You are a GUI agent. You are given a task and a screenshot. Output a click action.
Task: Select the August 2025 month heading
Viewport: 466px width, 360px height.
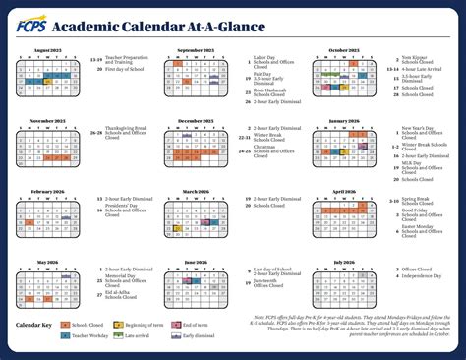55,49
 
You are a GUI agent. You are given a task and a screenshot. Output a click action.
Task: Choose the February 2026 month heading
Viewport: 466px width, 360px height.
55,192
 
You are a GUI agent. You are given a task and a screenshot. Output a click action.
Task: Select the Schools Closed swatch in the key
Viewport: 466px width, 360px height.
65,324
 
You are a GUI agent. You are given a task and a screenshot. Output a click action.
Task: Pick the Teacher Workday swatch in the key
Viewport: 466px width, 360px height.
65,335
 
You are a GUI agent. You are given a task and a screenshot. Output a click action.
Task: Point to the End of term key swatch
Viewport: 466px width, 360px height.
176,324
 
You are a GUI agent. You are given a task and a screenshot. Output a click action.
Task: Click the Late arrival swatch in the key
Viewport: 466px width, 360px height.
120,335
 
